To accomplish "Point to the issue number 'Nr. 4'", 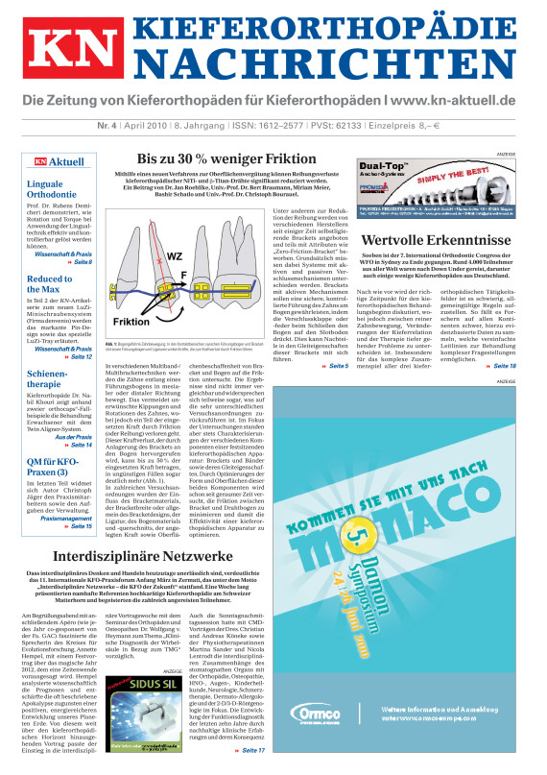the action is [39, 125].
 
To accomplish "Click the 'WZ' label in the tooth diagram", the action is [202, 257].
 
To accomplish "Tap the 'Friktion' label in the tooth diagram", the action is [131, 322].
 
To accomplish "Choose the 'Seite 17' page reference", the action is [254, 749].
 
